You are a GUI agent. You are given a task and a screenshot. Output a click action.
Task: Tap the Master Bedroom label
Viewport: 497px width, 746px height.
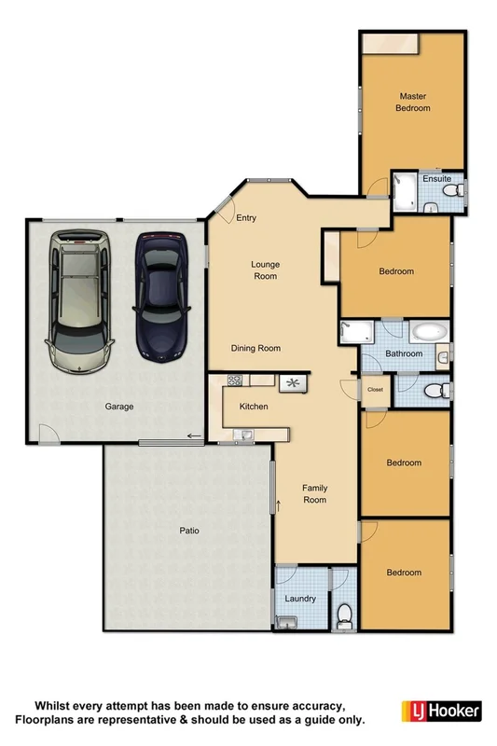click(x=414, y=102)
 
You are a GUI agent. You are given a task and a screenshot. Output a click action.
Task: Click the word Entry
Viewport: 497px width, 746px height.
click(x=246, y=218)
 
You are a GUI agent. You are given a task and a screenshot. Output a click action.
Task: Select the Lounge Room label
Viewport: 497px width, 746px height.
click(x=265, y=270)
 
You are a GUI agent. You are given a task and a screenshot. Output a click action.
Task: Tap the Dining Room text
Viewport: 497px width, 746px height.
click(x=256, y=349)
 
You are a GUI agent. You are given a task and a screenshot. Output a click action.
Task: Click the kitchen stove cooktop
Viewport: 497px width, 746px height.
click(x=235, y=380)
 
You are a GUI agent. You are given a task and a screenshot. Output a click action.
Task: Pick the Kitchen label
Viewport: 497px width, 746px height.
click(x=254, y=408)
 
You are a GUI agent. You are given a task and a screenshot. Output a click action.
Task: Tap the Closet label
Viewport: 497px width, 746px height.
click(x=375, y=389)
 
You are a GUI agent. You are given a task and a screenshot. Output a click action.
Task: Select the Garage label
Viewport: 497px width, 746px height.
click(x=119, y=407)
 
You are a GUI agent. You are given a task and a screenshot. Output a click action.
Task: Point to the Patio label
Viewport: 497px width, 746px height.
click(x=190, y=531)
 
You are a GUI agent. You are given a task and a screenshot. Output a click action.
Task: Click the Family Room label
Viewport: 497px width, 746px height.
click(x=314, y=493)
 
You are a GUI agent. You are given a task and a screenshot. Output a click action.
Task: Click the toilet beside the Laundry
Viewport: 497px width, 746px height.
click(x=343, y=614)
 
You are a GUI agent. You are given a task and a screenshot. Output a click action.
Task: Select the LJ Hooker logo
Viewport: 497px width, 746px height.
click(x=440, y=711)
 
